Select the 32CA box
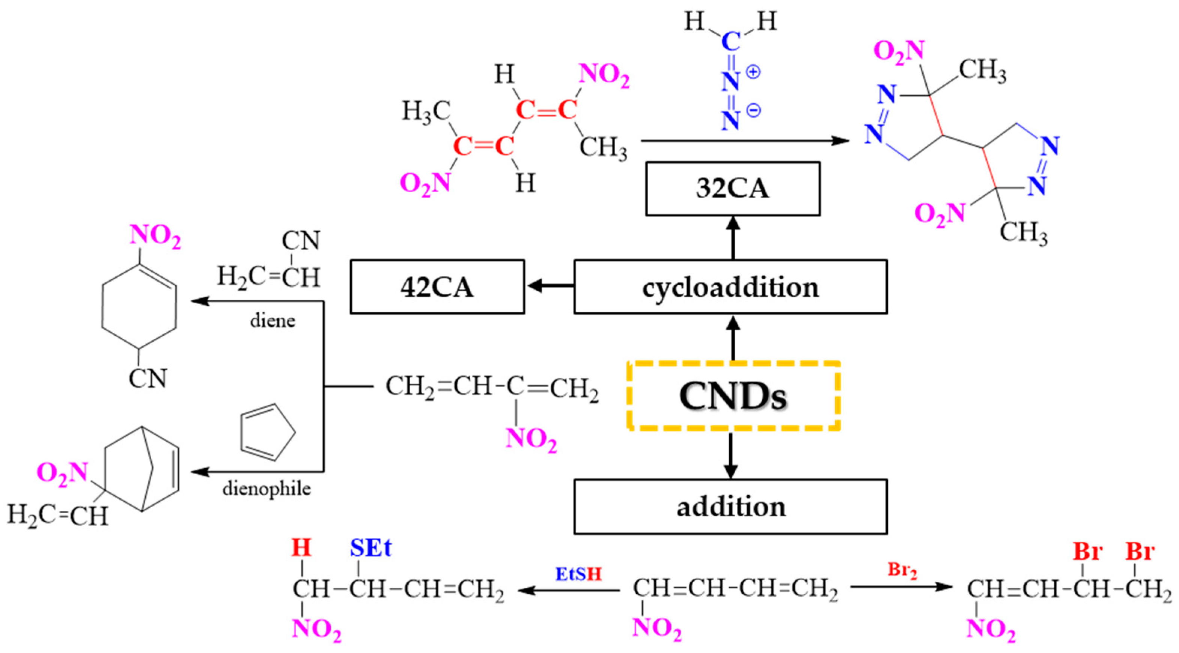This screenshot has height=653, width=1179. (733, 188)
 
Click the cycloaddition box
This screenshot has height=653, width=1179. (730, 287)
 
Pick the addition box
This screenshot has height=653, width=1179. (730, 507)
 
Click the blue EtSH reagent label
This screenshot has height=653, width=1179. (578, 573)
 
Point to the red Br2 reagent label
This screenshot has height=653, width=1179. (902, 570)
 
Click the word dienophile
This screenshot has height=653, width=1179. (267, 489)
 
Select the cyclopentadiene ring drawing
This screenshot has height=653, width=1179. (265, 432)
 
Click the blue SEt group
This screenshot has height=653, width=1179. (371, 548)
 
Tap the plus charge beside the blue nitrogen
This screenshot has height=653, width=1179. (753, 72)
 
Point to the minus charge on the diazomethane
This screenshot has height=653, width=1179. (753, 110)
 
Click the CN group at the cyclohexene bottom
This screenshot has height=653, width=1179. (148, 378)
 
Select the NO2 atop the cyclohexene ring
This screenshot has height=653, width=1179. (155, 237)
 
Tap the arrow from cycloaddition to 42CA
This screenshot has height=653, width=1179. (549, 286)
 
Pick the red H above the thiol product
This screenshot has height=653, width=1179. (302, 548)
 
